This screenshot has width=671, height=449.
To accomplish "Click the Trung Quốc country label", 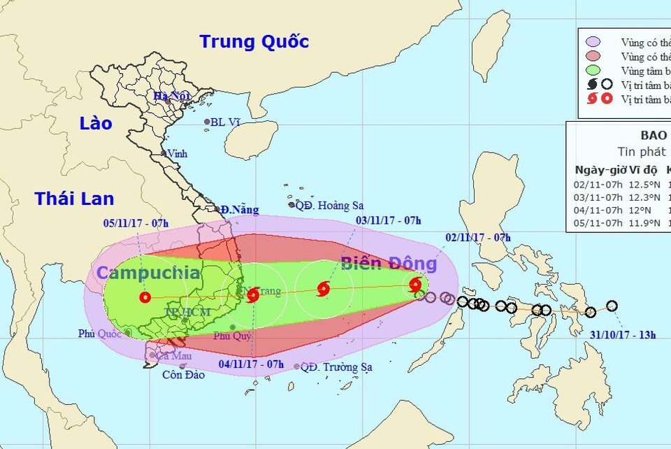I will [x=254, y=41].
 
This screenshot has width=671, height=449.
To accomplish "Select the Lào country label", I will [x=96, y=123].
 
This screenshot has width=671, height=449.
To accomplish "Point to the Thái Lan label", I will [x=74, y=199].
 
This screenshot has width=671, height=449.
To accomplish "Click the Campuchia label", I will [x=148, y=273].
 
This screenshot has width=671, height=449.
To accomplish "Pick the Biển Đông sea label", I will [x=389, y=264].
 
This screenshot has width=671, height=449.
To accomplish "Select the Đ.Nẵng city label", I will [x=239, y=210].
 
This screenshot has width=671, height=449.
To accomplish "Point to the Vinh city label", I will [x=178, y=153].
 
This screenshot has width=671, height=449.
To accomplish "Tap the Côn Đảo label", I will [x=185, y=375].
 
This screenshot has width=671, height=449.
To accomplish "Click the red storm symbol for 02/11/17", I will [x=415, y=285].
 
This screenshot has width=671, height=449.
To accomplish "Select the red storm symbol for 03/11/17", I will [x=323, y=288].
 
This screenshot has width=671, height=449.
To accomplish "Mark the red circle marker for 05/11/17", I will [x=145, y=297].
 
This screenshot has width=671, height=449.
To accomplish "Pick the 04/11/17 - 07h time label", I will [x=251, y=364].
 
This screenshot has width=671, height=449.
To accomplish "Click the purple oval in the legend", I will [x=593, y=42].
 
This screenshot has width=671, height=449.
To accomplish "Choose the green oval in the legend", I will [x=593, y=70].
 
